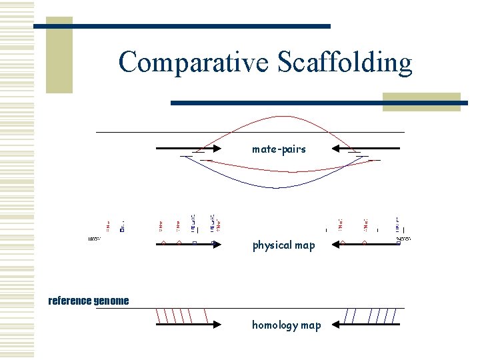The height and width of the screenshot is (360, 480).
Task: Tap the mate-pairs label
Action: (279, 149)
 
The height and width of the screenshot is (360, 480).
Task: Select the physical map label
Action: (283, 245)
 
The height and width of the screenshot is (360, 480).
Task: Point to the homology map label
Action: (286, 325)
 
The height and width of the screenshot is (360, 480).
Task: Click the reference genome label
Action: (89, 301)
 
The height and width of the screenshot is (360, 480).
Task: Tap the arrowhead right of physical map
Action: (337, 244)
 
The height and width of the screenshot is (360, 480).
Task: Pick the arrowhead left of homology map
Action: (218, 325)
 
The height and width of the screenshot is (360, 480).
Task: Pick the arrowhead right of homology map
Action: (336, 325)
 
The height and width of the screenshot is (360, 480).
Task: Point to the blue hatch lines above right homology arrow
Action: (373, 315)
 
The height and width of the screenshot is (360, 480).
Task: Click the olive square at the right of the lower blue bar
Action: (421, 101)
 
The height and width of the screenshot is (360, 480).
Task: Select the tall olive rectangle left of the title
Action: (59, 57)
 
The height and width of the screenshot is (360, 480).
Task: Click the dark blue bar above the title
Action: (182, 26)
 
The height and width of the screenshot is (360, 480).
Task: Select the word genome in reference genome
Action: (111, 301)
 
